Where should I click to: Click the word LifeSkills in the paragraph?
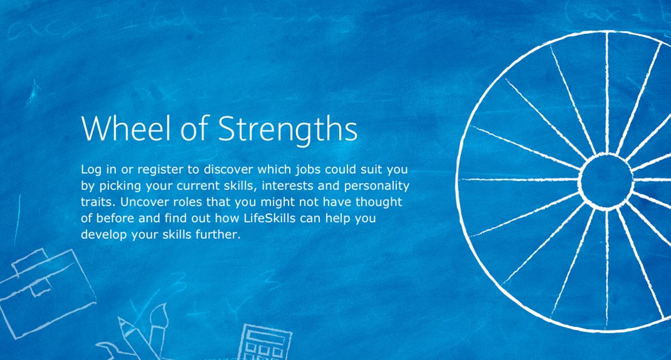270,218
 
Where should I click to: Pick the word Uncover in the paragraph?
140,201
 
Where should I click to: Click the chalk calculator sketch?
265,342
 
